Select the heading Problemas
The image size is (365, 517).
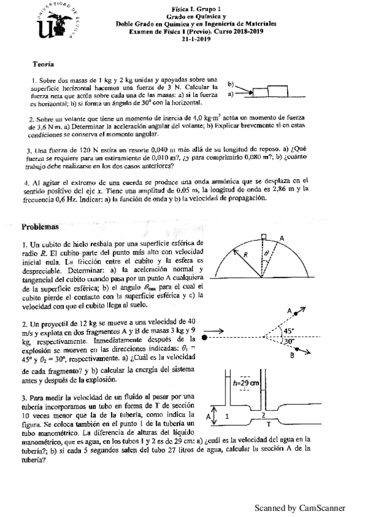coord(40,226)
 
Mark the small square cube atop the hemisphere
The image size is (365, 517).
coord(263,236)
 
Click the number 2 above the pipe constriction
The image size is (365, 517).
coord(263,413)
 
